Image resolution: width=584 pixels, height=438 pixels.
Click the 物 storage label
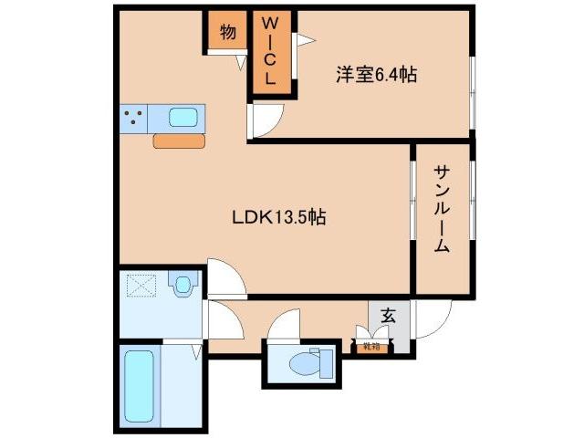coord(227,33)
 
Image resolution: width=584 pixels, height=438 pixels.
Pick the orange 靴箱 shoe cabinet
coord(370,347)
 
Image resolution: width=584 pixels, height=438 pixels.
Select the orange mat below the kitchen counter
coord(179,141)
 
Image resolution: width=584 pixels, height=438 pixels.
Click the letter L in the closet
coord(271,79)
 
